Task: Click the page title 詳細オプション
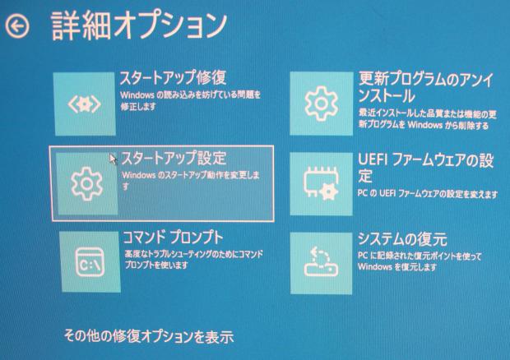(139, 25)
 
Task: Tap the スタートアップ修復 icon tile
(85, 104)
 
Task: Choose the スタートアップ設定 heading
(174, 158)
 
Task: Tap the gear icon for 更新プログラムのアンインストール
(321, 103)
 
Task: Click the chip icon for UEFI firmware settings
(321, 182)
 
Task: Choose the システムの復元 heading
(402, 239)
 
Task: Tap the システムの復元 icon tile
(322, 261)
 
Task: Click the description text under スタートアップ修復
(189, 102)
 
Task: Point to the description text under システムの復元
(420, 262)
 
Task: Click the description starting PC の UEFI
(428, 194)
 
